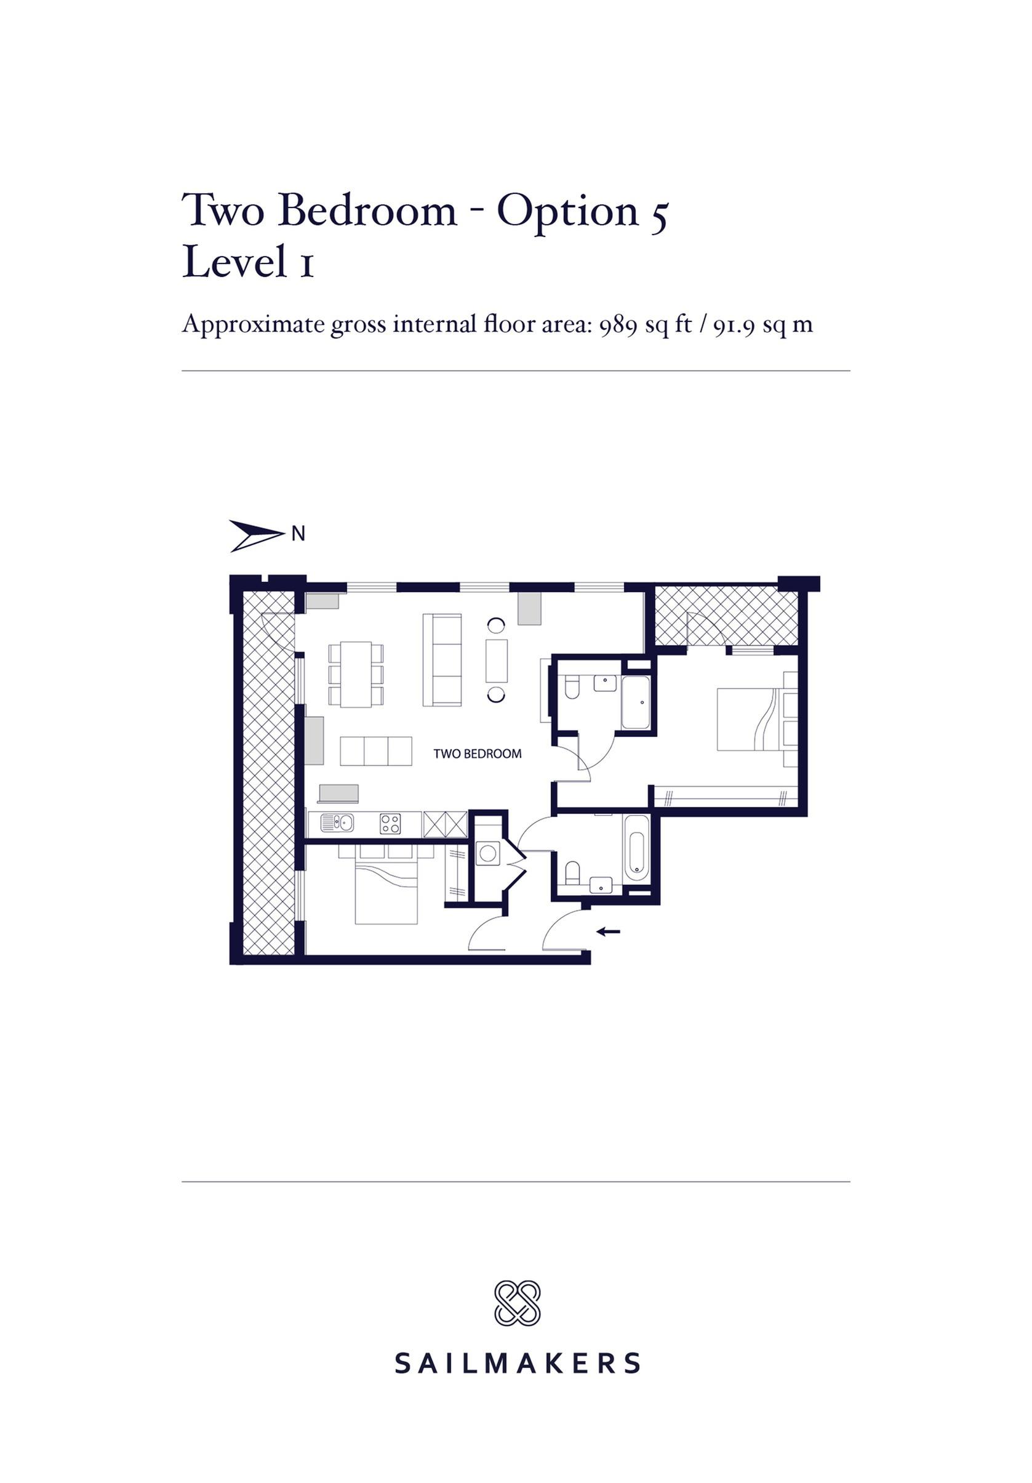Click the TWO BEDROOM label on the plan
point(476,753)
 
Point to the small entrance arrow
point(608,931)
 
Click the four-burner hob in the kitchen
point(390,824)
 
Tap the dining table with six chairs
point(355,673)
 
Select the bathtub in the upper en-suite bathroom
point(636,704)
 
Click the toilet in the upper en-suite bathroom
point(572,687)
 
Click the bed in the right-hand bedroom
point(756,719)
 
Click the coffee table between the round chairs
point(497,660)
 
